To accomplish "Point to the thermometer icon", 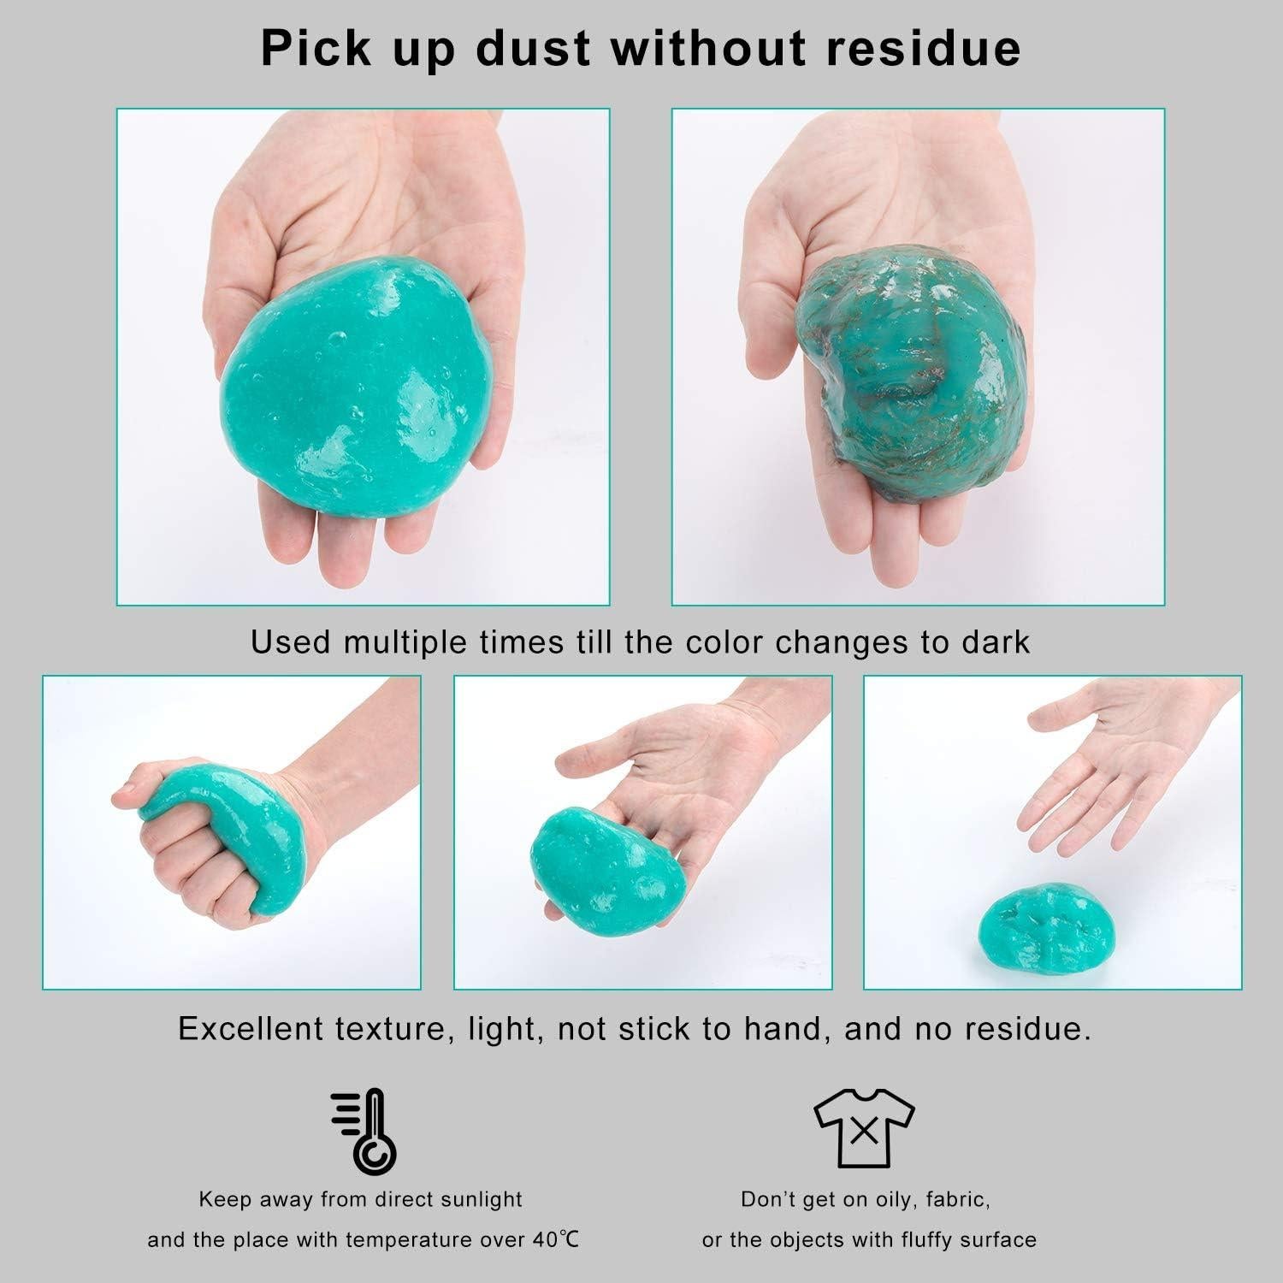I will (365, 1130).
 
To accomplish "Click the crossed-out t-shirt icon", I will (864, 1130).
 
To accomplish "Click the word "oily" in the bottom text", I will (900, 1199).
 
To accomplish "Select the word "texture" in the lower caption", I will (393, 1028).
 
